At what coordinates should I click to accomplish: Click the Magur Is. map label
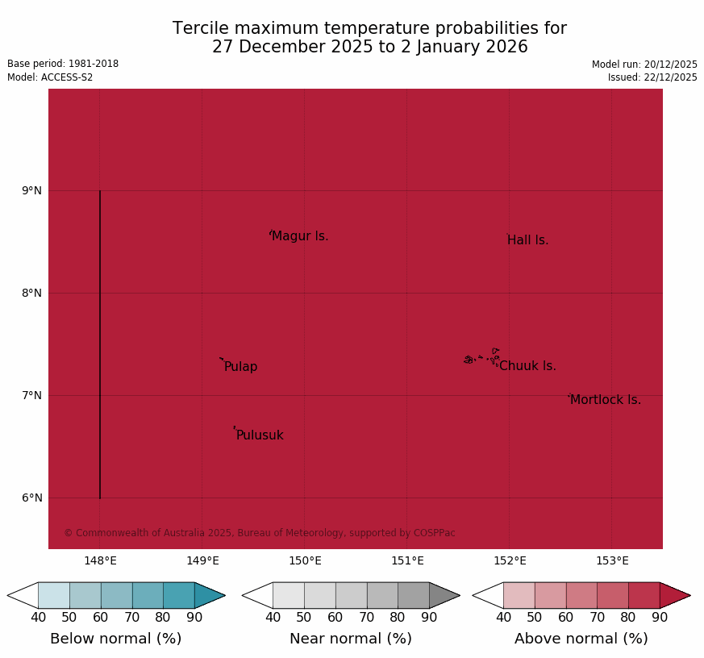(300, 236)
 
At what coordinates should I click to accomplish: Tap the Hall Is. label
(527, 240)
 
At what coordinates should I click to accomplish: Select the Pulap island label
(240, 367)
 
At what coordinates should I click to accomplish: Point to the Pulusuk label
(260, 435)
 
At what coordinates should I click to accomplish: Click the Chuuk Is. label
(527, 366)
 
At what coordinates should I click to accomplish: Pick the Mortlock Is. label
(605, 400)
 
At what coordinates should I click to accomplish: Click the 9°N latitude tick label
(31, 190)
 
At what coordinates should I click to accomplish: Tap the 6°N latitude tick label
(31, 498)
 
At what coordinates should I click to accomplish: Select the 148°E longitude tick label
(100, 561)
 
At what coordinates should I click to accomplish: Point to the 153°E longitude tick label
(612, 561)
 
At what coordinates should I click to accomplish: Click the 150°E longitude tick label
(305, 561)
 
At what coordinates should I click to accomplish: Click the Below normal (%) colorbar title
(115, 639)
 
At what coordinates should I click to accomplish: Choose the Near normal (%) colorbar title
(351, 639)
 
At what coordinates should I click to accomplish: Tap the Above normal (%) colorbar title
(581, 639)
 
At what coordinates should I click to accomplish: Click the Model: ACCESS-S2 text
(50, 77)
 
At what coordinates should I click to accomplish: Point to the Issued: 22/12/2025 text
(652, 77)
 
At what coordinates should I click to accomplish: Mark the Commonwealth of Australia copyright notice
(260, 533)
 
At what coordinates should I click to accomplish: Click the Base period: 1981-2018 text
(63, 64)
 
